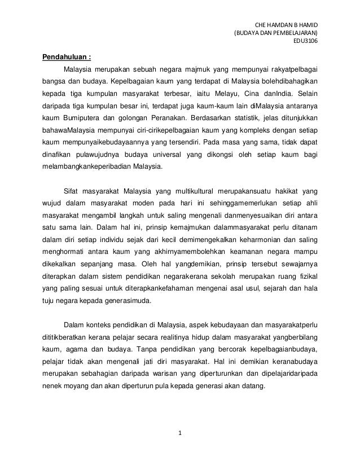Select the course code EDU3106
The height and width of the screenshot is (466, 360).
305,40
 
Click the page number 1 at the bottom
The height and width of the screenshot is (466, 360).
179,433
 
